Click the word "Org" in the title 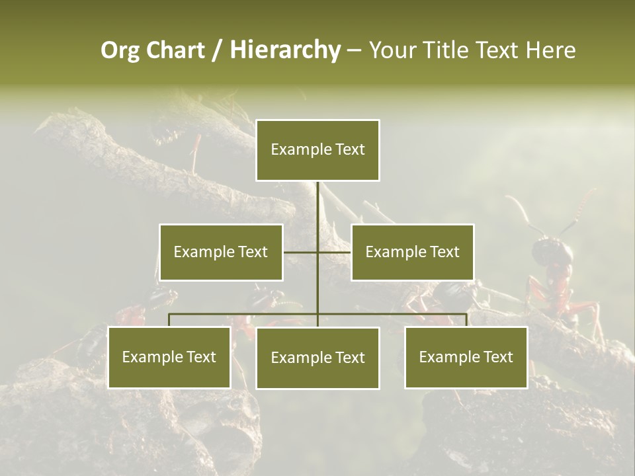[120, 50]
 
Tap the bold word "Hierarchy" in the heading [285, 50]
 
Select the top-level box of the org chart [317, 150]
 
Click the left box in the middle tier [221, 252]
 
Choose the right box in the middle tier [412, 252]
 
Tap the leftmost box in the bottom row [169, 357]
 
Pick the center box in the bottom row [317, 358]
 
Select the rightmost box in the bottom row [466, 357]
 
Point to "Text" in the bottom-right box [497, 357]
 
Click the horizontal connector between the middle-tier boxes [334, 252]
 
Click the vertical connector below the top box [318, 205]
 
